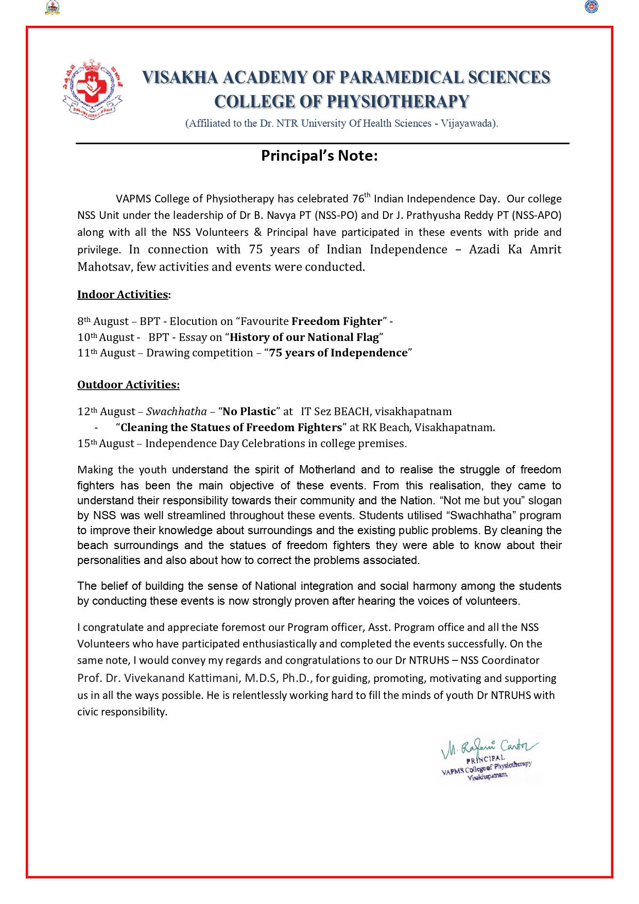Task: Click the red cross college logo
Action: point(93,89)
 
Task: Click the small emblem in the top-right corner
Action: point(592,7)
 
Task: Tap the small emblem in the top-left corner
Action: point(53,7)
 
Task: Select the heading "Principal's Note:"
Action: point(319,156)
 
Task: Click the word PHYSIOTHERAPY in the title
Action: point(398,101)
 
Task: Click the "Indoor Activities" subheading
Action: point(123,295)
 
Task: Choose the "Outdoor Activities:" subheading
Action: point(128,385)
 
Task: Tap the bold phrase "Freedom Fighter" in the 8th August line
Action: point(337,321)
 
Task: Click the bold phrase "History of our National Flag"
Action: point(304,337)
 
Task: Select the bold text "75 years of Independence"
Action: point(338,353)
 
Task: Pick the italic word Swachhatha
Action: point(177,412)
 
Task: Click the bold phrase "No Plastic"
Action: point(249,412)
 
